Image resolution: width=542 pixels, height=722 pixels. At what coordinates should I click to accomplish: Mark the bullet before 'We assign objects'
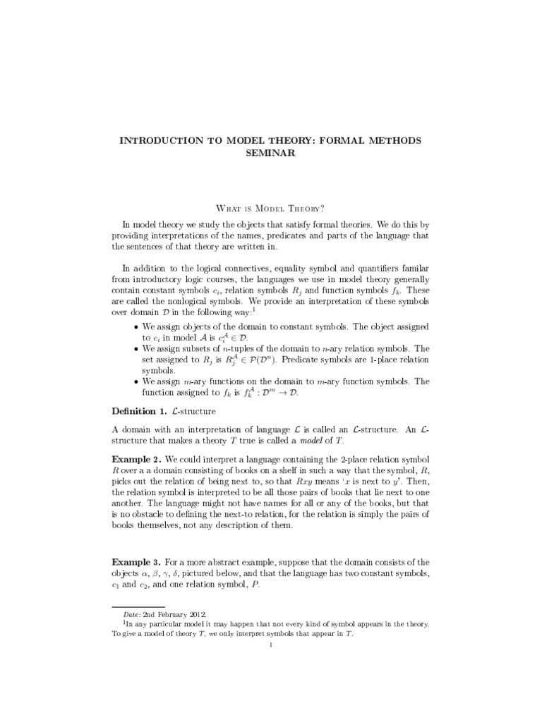tap(136, 328)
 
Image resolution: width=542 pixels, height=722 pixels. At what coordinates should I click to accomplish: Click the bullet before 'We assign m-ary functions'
tap(136, 381)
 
